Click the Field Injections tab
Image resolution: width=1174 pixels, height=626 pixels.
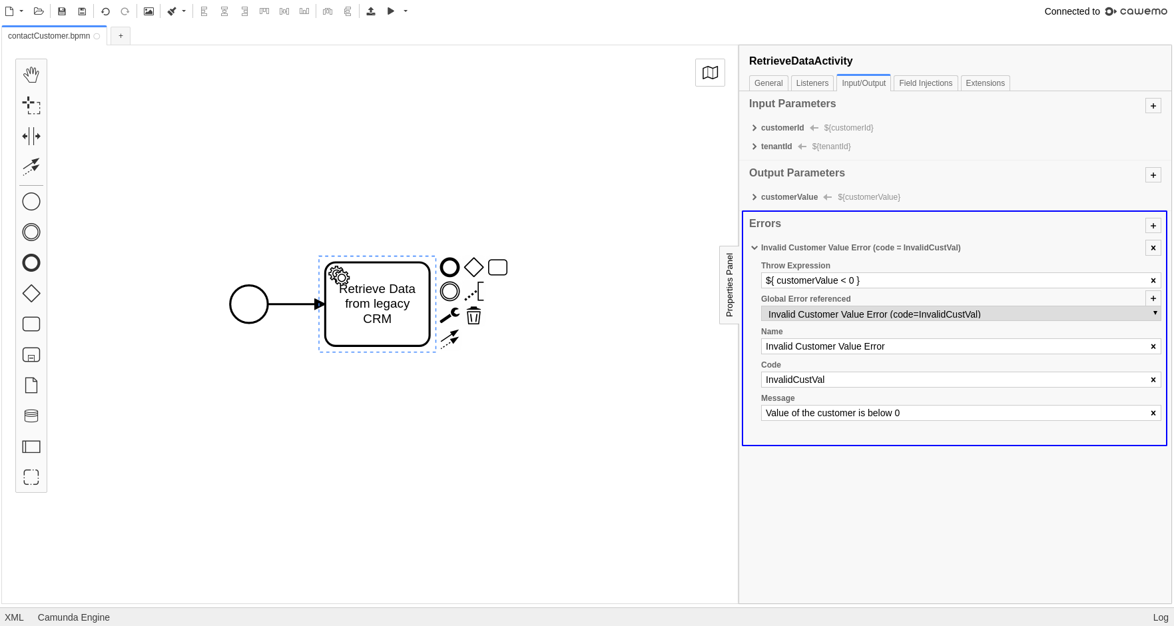(x=926, y=83)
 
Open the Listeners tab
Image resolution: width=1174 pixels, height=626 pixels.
(x=812, y=83)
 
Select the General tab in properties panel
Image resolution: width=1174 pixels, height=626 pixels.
(x=768, y=83)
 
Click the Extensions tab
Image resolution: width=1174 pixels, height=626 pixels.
(x=985, y=83)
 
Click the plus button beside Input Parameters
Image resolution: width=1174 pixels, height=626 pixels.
(x=1153, y=106)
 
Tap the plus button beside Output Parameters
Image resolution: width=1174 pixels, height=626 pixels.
(x=1153, y=175)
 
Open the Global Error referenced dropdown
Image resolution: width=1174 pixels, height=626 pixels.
(x=960, y=314)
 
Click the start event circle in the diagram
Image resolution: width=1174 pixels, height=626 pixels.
(x=249, y=304)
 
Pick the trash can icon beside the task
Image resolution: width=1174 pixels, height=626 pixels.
(x=473, y=316)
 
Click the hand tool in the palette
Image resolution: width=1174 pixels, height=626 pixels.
(x=31, y=75)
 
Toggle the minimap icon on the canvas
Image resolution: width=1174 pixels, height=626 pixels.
(x=710, y=73)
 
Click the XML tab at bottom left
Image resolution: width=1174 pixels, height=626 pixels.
(x=14, y=617)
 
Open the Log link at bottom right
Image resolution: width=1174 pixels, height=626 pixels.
(x=1160, y=617)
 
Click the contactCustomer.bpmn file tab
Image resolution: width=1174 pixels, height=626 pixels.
(x=49, y=36)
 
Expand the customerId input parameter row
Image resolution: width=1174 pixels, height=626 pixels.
(x=754, y=128)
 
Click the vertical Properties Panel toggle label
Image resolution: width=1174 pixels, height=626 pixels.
(x=729, y=285)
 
